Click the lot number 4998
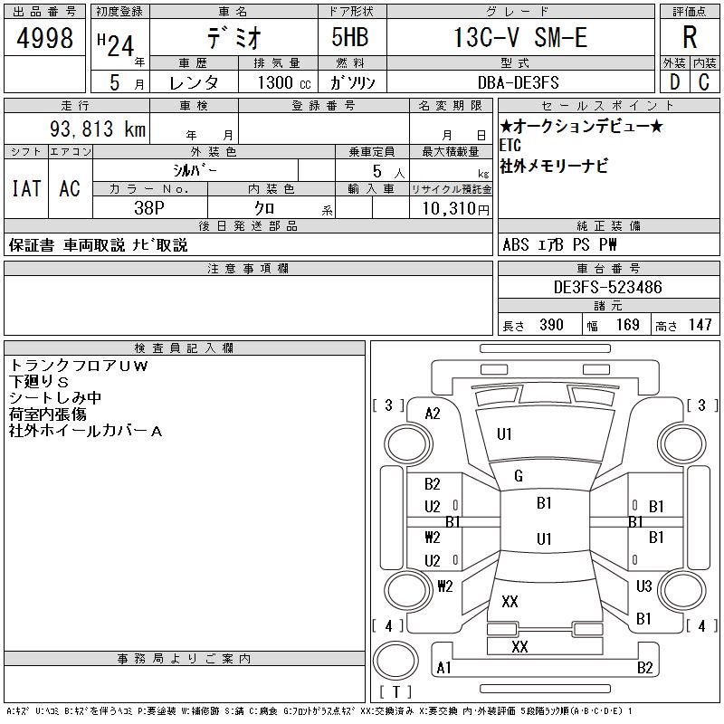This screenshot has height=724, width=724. (44, 38)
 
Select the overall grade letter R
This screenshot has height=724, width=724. (690, 37)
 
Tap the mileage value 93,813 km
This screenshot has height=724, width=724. (98, 129)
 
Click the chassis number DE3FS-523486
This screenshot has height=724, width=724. (607, 287)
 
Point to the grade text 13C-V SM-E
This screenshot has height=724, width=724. (520, 37)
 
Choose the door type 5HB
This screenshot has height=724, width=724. (350, 37)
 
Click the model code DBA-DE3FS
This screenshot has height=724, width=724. (518, 82)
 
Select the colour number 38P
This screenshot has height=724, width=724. (149, 208)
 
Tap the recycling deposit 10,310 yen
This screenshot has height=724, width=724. (456, 209)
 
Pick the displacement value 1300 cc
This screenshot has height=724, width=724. (284, 82)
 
